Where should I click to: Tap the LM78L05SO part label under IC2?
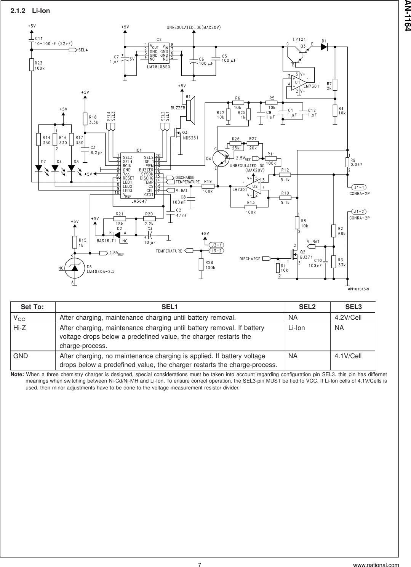point(158,66)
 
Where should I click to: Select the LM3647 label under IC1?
point(139,200)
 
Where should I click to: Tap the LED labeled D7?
point(39,168)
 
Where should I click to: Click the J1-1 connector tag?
point(358,187)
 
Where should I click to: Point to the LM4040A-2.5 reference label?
point(101,271)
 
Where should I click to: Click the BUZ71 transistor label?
point(306,257)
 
